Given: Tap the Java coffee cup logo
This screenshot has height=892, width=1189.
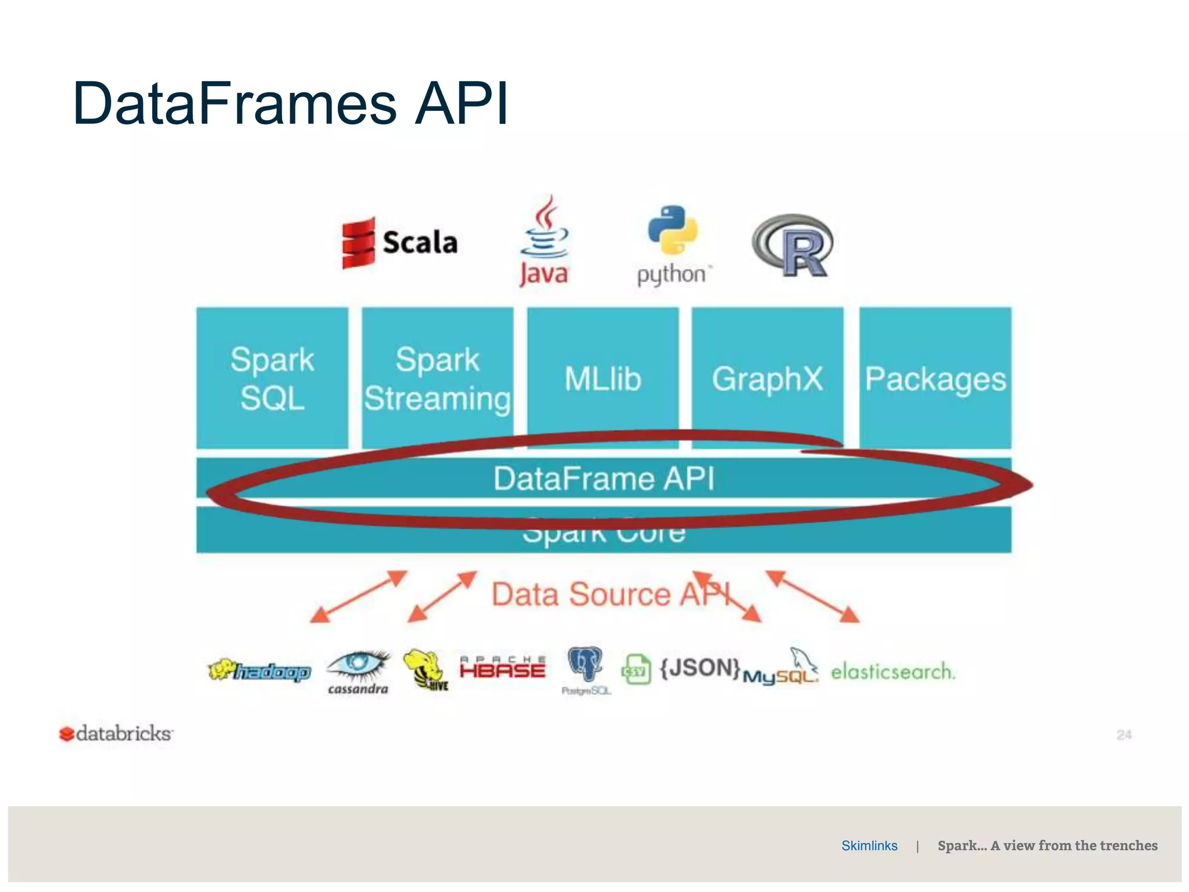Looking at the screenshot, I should tap(544, 241).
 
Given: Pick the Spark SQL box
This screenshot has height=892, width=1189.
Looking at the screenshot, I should tap(272, 378).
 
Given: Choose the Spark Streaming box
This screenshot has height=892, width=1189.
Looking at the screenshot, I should tap(437, 378).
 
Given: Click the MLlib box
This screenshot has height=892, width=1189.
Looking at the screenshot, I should tap(603, 378).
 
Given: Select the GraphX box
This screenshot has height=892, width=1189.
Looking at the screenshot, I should tap(767, 378).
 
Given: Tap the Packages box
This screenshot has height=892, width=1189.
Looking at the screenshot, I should tap(935, 378).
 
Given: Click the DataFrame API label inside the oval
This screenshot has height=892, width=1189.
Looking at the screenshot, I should tap(604, 479).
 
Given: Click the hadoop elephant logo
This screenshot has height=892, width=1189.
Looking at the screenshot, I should tap(260, 671).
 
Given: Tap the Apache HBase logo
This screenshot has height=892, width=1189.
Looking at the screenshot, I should tap(503, 668).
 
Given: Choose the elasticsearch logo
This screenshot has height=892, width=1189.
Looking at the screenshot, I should tap(892, 672).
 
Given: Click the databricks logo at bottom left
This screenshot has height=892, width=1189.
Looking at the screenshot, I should tap(116, 733).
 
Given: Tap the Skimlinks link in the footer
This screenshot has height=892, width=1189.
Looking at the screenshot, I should tap(869, 846).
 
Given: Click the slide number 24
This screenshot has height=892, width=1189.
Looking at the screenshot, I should tap(1124, 735).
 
